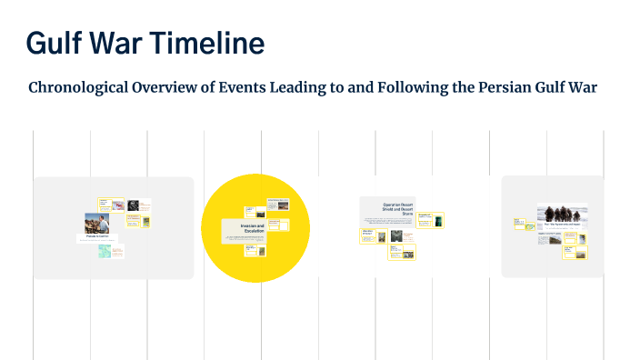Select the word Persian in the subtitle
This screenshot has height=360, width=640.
tap(515, 88)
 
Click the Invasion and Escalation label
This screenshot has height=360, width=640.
tap(252, 229)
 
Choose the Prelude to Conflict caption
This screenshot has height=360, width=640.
tap(96, 237)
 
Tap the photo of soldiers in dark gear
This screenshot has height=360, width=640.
tap(562, 212)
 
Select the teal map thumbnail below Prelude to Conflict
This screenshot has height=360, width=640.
tap(105, 250)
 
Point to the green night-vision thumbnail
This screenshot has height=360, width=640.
tap(438, 219)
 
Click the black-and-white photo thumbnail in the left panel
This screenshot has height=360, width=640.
tap(133, 205)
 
